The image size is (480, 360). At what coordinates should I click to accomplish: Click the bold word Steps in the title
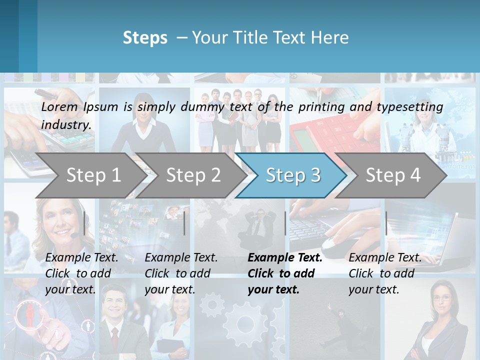tap(145, 38)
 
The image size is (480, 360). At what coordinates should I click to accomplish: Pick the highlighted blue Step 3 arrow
tap(293, 175)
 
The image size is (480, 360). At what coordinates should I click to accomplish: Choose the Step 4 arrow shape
tap(393, 175)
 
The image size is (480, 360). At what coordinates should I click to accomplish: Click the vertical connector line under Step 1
tap(84, 223)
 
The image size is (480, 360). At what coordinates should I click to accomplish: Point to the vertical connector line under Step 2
tap(184, 223)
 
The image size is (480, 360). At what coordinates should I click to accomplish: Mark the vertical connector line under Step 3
tap(285, 223)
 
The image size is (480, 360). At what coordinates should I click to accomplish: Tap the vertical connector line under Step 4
tap(386, 223)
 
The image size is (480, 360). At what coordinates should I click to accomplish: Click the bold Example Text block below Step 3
tap(284, 273)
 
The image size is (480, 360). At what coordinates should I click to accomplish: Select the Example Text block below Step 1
tap(81, 273)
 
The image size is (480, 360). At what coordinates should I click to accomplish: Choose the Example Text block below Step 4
tap(384, 273)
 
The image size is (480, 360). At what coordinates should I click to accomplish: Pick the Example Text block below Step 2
tap(181, 273)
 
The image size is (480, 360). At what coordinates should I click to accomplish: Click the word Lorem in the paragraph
tap(59, 106)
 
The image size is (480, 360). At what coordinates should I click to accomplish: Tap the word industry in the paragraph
tap(66, 124)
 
